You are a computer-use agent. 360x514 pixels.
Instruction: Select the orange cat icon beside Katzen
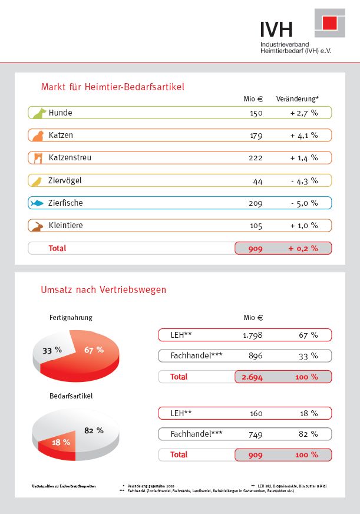pyautogui.click(x=38, y=136)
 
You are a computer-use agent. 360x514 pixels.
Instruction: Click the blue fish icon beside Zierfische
pyautogui.click(x=38, y=203)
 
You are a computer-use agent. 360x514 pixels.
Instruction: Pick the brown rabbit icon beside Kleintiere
pyautogui.click(x=38, y=226)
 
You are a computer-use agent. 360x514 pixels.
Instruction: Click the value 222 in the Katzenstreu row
pyautogui.click(x=255, y=158)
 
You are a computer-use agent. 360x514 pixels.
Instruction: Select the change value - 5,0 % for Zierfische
pyautogui.click(x=304, y=203)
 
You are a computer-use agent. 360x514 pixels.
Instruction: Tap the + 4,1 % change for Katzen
pyautogui.click(x=304, y=136)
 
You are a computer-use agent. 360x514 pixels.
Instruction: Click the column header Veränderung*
pyautogui.click(x=298, y=99)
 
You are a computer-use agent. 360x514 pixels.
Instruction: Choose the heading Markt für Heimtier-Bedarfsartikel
pyautogui.click(x=113, y=87)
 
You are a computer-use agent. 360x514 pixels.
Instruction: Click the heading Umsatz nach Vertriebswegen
pyautogui.click(x=104, y=290)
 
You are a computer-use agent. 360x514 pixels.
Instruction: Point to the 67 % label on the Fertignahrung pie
pyautogui.click(x=94, y=350)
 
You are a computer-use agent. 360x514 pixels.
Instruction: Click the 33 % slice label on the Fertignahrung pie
pyautogui.click(x=52, y=350)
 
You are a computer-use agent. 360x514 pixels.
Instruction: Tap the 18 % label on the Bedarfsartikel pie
pyautogui.click(x=61, y=441)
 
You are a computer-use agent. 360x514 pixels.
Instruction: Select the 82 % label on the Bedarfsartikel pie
pyautogui.click(x=94, y=430)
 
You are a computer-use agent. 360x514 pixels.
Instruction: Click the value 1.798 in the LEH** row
pyautogui.click(x=252, y=335)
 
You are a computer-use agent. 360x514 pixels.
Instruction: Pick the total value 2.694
pyautogui.click(x=252, y=377)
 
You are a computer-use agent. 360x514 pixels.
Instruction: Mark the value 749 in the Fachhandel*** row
pyautogui.click(x=256, y=434)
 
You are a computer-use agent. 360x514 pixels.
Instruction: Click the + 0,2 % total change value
pyautogui.click(x=303, y=249)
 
